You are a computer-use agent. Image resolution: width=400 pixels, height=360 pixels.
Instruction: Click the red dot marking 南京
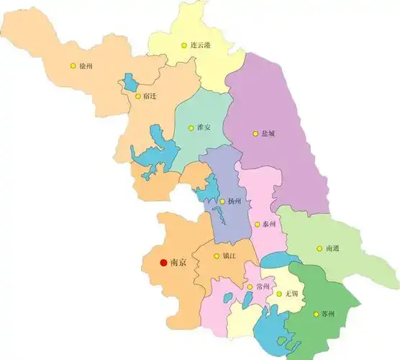coord(164,263)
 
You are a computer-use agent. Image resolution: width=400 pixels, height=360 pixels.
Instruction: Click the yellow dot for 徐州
coord(73,66)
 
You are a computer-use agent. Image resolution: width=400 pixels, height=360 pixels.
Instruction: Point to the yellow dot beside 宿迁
coord(137,96)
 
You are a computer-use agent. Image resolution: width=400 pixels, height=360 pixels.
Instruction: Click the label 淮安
coord(204,127)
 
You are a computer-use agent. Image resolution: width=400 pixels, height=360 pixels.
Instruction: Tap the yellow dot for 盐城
coord(254,133)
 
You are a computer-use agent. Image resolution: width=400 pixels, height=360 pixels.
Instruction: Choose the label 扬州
coord(235,202)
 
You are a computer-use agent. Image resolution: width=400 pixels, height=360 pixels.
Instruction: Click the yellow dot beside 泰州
coord(258,225)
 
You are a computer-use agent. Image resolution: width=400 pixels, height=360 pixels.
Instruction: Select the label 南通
coord(332,248)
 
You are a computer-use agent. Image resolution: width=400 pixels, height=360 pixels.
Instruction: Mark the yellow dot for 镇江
coord(217,254)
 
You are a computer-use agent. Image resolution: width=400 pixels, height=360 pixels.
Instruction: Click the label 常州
coord(263,287)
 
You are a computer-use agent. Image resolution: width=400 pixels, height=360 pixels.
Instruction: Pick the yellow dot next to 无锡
coord(279,294)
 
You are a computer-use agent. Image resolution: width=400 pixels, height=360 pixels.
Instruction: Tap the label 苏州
coord(327,315)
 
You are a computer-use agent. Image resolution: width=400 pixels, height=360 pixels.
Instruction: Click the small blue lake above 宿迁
coord(130,81)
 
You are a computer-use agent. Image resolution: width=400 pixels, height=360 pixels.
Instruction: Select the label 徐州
coord(86,66)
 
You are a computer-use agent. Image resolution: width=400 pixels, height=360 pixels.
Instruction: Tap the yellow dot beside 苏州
coord(315,314)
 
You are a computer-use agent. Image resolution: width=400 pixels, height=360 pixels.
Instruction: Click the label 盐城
coord(267,133)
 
